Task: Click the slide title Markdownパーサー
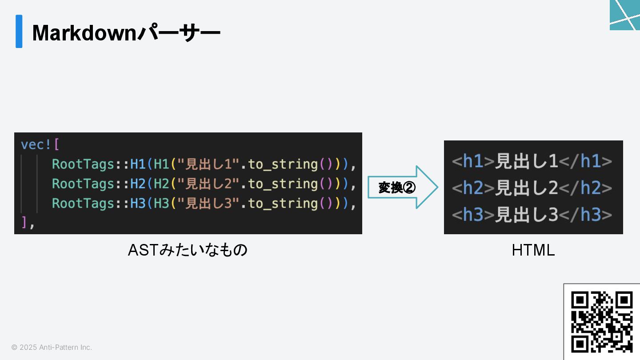click(126, 33)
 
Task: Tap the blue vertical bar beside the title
click(19, 31)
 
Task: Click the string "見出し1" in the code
click(209, 164)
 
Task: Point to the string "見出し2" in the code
click(209, 184)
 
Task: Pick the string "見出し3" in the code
click(209, 204)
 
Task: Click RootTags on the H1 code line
click(83, 164)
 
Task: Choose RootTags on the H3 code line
click(83, 204)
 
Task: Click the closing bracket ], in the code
click(28, 223)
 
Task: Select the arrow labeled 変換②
click(402, 188)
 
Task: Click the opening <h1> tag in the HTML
click(473, 161)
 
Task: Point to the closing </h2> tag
click(585, 188)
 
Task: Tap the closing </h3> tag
click(585, 215)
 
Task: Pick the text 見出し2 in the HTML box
click(527, 188)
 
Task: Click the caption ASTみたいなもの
click(188, 250)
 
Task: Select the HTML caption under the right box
click(533, 251)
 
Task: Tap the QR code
click(602, 322)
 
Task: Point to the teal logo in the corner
click(625, 15)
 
